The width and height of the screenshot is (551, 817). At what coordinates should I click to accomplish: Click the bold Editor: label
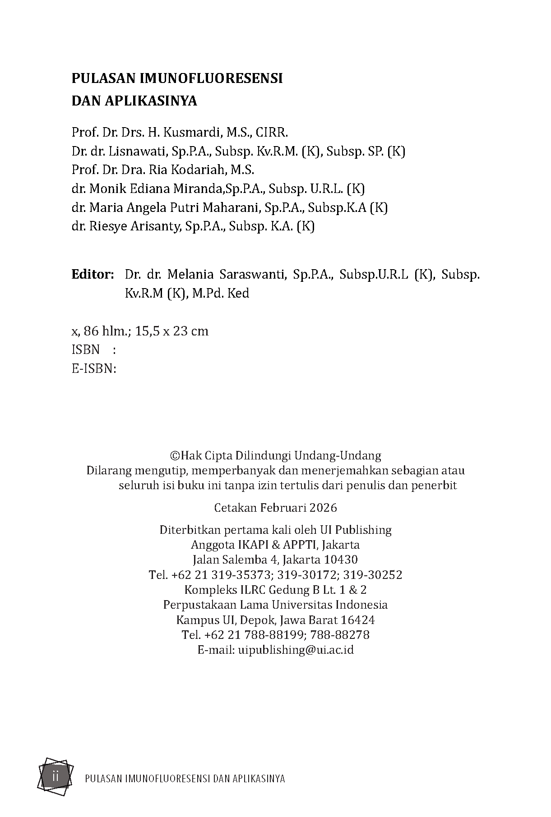pyautogui.click(x=93, y=275)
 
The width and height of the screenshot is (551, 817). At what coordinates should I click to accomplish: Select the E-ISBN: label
pyautogui.click(x=94, y=369)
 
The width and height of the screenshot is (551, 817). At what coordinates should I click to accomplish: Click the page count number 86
pyautogui.click(x=91, y=331)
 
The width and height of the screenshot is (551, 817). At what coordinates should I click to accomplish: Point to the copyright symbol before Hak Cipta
pyautogui.click(x=174, y=455)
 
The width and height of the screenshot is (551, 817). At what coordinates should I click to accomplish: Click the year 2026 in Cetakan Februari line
pyautogui.click(x=323, y=508)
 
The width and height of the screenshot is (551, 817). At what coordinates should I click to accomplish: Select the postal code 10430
pyautogui.click(x=341, y=560)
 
